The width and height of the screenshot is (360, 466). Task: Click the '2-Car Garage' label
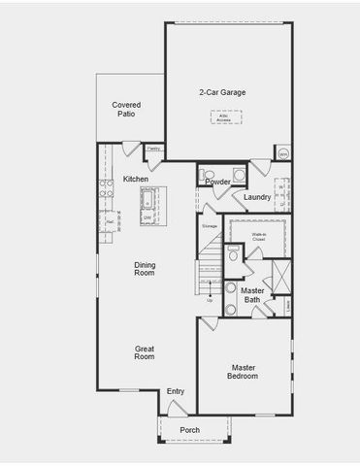[222, 93]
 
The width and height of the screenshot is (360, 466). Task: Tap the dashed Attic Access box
[226, 117]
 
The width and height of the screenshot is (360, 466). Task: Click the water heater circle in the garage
[283, 153]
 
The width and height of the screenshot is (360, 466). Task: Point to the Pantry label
[152, 149]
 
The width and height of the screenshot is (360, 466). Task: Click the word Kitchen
[136, 180]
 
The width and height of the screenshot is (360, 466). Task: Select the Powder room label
[217, 182]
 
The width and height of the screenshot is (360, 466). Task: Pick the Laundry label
[257, 197]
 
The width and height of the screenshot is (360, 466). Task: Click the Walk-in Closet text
[259, 236]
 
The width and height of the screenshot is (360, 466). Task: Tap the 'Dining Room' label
[145, 269]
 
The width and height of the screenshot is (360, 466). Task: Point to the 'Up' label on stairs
[209, 300]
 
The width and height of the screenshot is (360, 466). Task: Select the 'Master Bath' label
[252, 295]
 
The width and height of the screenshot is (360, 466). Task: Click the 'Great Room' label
[145, 352]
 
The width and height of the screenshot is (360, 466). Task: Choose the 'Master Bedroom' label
[244, 372]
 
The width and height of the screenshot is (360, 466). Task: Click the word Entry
[176, 391]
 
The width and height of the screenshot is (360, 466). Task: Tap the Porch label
[190, 430]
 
